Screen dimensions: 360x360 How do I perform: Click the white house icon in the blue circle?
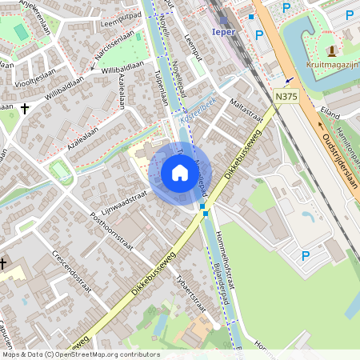tap(180, 173)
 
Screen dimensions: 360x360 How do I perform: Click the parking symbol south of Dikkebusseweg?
tap(305, 255)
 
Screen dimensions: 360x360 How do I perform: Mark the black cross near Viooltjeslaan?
tap(25, 107)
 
